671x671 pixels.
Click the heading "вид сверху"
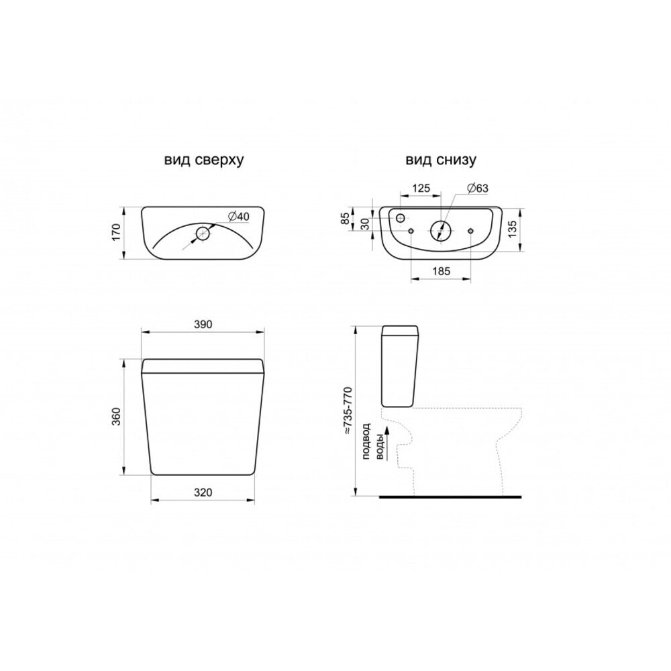click(204, 160)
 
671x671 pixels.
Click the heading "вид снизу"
click(441, 160)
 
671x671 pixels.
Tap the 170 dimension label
click(116, 232)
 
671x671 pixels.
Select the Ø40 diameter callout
click(239, 217)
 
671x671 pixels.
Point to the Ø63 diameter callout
click(478, 189)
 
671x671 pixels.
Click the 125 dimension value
click(421, 189)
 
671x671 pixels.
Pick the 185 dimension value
click(442, 271)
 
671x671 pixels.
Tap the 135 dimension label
click(513, 227)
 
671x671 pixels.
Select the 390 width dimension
click(203, 324)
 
